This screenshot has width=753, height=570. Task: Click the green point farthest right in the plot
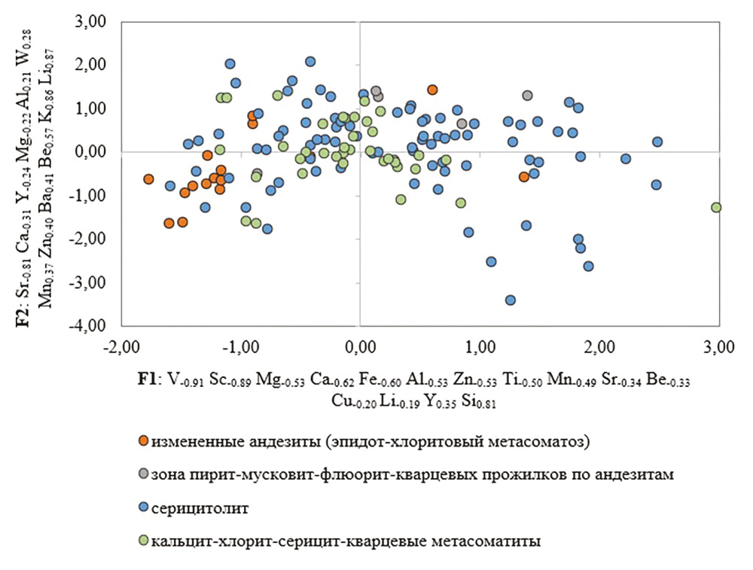[716, 207]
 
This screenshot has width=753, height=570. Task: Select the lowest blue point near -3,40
[510, 300]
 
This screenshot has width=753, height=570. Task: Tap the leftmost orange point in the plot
[148, 179]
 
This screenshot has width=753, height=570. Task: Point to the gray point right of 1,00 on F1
[527, 96]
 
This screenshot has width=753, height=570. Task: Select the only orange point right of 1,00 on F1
[524, 177]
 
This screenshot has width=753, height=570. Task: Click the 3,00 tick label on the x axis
[718, 349]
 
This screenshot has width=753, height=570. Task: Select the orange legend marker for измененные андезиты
[143, 440]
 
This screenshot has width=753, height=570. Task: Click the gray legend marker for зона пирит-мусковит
[143, 474]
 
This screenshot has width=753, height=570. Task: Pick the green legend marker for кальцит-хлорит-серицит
[143, 541]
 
